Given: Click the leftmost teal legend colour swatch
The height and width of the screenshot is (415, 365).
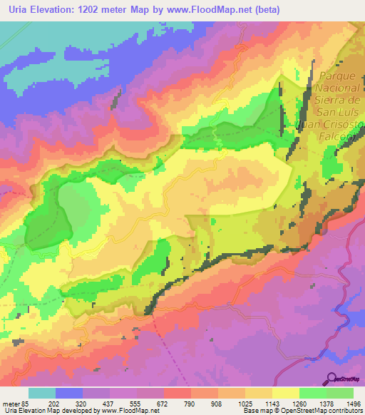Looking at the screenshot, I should [x=42, y=393].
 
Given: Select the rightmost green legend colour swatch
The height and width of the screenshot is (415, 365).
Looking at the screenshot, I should [x=340, y=393].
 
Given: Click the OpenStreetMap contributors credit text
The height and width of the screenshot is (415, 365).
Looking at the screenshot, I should [x=318, y=411].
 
